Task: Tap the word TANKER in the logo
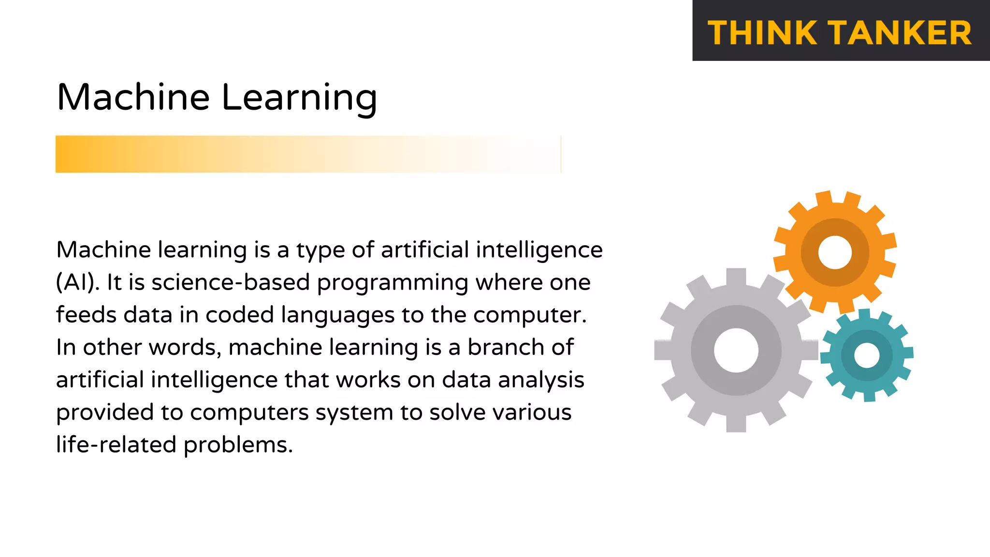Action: click(x=902, y=33)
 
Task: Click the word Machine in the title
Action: click(x=133, y=97)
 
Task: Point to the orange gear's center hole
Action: click(x=835, y=252)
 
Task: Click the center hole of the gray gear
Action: click(x=736, y=350)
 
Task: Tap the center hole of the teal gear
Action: click(x=867, y=355)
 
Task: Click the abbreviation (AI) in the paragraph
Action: click(x=77, y=282)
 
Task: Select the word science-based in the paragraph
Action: click(x=231, y=282)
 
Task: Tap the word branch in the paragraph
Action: click(x=506, y=347)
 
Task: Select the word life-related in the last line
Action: click(x=116, y=444)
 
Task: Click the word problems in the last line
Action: click(x=238, y=445)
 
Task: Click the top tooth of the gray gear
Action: click(x=736, y=277)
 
